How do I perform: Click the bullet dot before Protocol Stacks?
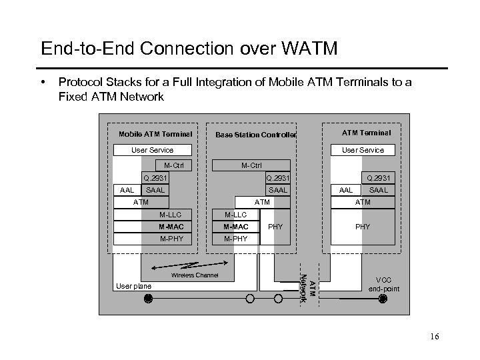[x=42, y=83]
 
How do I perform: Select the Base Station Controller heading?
[x=256, y=135]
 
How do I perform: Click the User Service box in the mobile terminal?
[x=152, y=150]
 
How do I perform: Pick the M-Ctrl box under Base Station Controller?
[x=251, y=165]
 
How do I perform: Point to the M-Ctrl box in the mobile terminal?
[x=173, y=165]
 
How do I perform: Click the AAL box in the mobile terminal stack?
[x=126, y=190]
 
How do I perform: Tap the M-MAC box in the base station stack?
[x=235, y=226]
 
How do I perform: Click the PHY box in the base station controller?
[x=275, y=227]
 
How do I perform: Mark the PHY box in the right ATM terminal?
[x=363, y=227]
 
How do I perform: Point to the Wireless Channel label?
[x=195, y=275]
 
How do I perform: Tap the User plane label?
[x=133, y=285]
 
